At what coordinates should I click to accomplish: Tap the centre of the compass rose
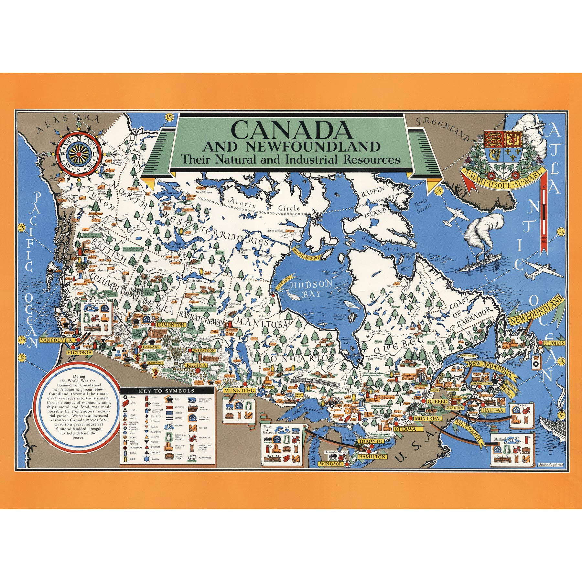[78, 153]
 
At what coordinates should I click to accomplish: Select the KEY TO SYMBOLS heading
[167, 391]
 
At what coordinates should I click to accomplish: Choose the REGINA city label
[196, 365]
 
